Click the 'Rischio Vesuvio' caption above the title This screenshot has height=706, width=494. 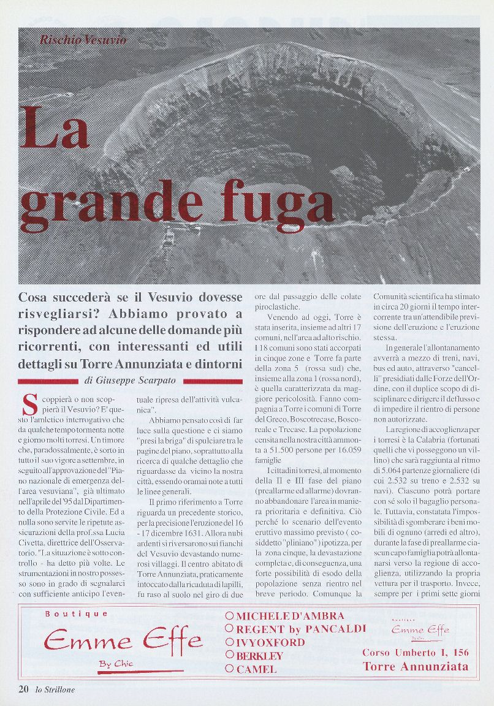click(x=83, y=40)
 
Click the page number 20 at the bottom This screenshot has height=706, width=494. click(x=23, y=689)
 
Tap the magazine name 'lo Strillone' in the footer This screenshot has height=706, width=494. click(x=55, y=689)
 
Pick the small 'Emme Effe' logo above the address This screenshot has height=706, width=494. click(x=420, y=629)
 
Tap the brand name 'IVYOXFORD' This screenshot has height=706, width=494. click(x=270, y=642)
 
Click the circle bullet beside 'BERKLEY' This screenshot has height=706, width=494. click(x=229, y=656)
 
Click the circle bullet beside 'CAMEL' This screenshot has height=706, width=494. click(x=229, y=669)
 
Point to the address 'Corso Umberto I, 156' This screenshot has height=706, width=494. click(x=416, y=653)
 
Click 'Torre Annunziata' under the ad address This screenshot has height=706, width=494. click(x=416, y=667)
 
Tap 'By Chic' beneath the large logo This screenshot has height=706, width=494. click(x=116, y=663)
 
